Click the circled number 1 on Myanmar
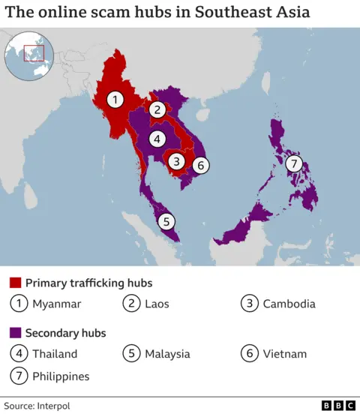(115, 98)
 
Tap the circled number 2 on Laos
(157, 109)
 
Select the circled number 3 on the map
(176, 160)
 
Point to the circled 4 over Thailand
(157, 139)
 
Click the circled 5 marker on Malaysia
(166, 221)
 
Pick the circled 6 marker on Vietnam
(200, 165)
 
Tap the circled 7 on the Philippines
(293, 164)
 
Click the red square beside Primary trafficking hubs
(15, 283)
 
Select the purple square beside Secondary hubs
(15, 333)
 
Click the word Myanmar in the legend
(56, 304)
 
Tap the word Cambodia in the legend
(289, 304)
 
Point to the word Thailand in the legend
(55, 353)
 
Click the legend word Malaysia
(168, 353)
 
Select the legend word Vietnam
(284, 353)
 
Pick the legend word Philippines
(61, 376)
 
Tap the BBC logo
(338, 405)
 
